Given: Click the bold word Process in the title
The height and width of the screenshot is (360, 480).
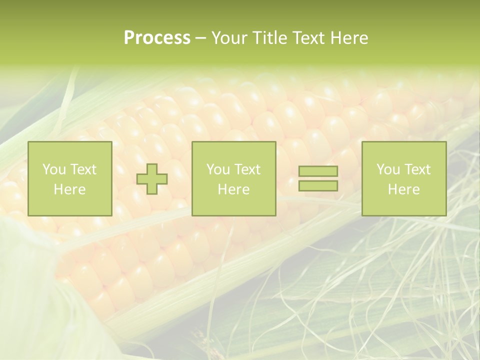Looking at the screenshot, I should pyautogui.click(x=157, y=38).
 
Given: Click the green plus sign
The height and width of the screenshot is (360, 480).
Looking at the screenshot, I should pyautogui.click(x=152, y=179).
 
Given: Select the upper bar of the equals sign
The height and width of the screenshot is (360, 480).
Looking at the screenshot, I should pyautogui.click(x=318, y=171).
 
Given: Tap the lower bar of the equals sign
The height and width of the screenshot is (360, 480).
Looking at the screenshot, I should pyautogui.click(x=318, y=185).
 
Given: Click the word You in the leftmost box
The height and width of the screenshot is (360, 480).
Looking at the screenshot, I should pyautogui.click(x=54, y=169).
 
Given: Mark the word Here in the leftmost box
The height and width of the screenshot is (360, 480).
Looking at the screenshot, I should pyautogui.click(x=69, y=189).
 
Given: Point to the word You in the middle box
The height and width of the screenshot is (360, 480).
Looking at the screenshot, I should pyautogui.click(x=218, y=169).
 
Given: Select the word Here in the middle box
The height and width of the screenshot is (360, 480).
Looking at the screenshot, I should pyautogui.click(x=233, y=189).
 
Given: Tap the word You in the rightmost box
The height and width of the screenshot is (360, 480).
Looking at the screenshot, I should pyautogui.click(x=388, y=169).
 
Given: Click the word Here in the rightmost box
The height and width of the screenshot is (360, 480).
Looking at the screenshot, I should pyautogui.click(x=403, y=189).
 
